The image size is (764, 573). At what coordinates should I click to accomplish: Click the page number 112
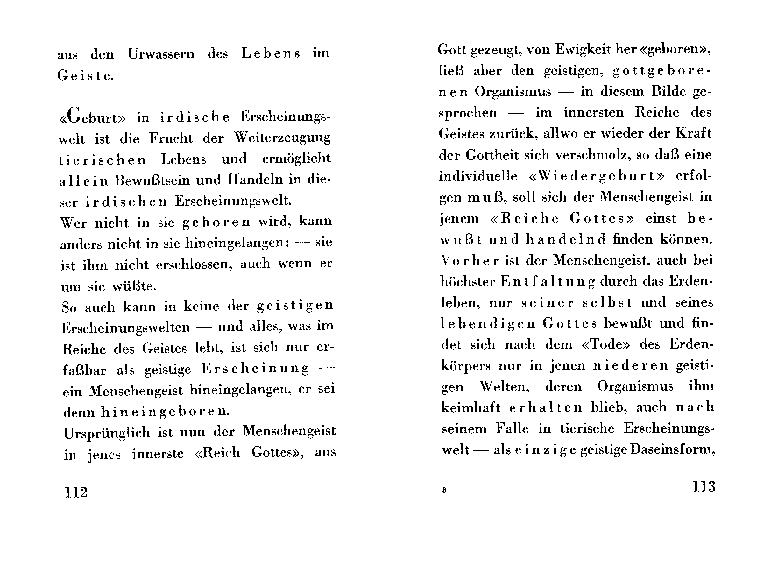click(76, 492)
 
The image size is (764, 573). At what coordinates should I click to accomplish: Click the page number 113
click(704, 486)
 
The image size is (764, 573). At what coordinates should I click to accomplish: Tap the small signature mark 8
click(444, 490)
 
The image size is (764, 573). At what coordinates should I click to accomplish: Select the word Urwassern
click(161, 54)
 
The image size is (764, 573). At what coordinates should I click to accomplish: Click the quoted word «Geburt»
click(93, 117)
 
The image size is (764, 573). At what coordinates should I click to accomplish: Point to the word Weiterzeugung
click(283, 138)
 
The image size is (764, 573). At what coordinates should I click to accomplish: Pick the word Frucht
click(171, 138)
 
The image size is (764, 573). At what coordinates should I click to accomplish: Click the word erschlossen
click(194, 265)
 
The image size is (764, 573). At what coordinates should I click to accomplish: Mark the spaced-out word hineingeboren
click(165, 411)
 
